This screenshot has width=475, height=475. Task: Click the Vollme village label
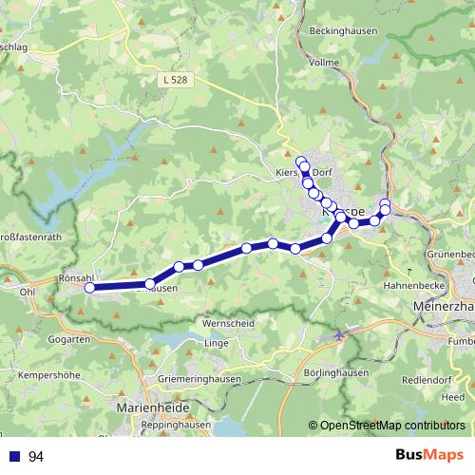pos(325,62)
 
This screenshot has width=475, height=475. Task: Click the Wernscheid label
pos(227,323)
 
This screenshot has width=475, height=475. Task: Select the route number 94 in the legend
pos(36,457)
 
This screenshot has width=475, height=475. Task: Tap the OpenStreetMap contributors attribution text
pos(391,426)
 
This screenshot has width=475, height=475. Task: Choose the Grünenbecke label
pos(450,255)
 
